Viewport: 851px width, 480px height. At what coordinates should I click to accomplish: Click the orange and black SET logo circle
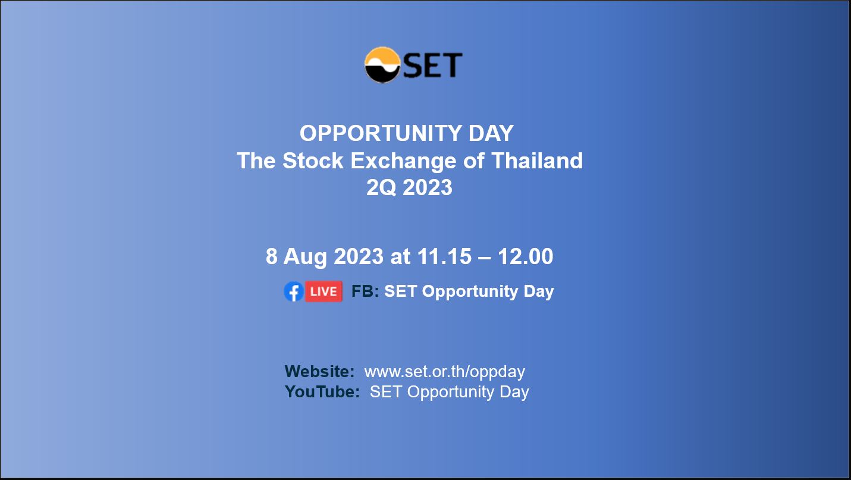click(x=382, y=65)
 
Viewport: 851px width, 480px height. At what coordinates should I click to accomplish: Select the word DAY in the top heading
click(x=491, y=133)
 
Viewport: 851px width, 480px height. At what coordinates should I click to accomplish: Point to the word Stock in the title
click(x=313, y=161)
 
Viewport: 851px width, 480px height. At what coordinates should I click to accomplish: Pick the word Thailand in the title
click(x=537, y=161)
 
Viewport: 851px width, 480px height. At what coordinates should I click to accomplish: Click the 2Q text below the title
click(x=381, y=188)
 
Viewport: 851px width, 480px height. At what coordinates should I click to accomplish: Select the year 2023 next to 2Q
click(x=428, y=188)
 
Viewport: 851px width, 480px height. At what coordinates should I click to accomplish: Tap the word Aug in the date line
click(x=305, y=257)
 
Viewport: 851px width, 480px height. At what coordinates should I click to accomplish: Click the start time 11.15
click(x=444, y=256)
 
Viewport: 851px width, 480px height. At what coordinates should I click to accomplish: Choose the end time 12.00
click(x=526, y=256)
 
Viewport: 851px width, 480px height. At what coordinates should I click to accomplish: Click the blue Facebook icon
click(x=294, y=291)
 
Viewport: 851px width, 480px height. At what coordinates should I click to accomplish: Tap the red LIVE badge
click(x=324, y=291)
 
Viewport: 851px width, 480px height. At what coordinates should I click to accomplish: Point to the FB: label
click(x=365, y=291)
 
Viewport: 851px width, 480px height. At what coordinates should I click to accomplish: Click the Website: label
click(x=319, y=371)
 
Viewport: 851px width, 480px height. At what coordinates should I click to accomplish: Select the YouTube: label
click(x=322, y=392)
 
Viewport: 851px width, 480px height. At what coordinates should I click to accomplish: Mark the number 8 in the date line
click(x=272, y=256)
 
